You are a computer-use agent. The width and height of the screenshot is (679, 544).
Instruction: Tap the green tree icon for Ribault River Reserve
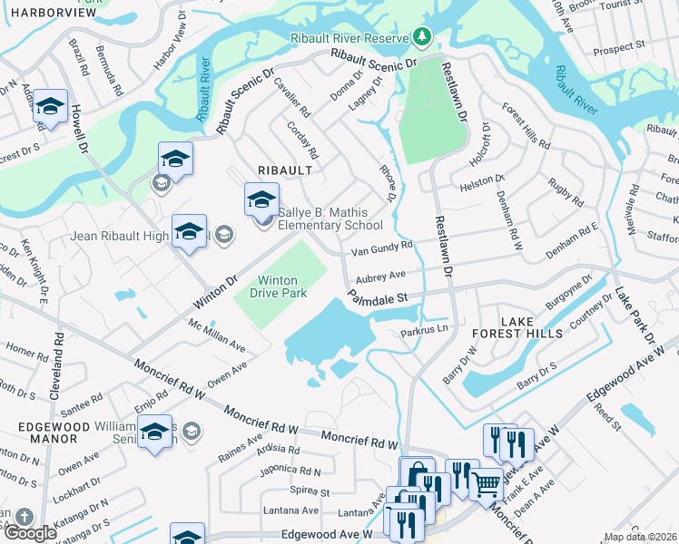point(420,37)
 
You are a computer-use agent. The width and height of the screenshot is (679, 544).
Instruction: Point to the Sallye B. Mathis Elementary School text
point(330,219)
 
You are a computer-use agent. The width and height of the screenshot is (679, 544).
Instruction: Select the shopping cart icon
point(487,484)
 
